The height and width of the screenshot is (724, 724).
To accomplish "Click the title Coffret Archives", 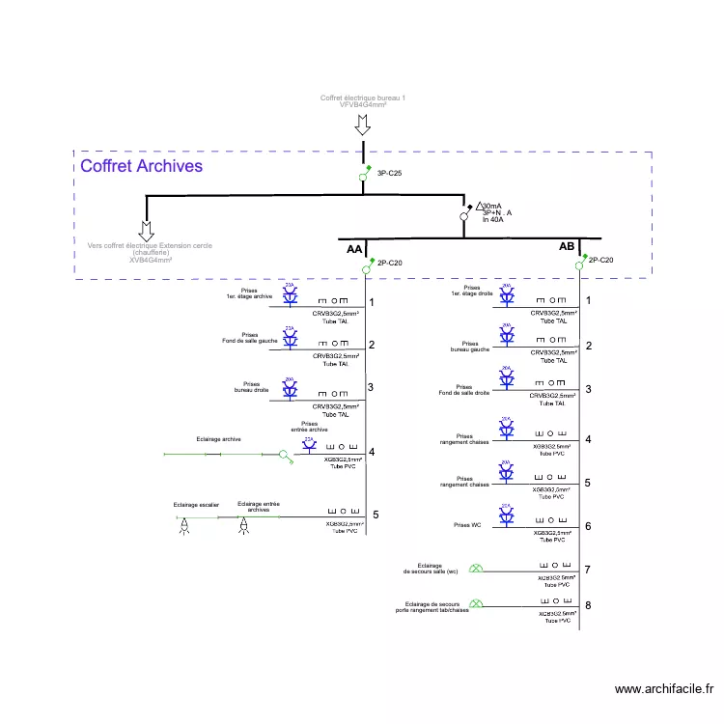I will pyautogui.click(x=141, y=166).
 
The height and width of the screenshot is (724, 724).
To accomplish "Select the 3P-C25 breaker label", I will pyautogui.click(x=389, y=173).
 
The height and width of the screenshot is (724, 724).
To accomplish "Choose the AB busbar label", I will pyautogui.click(x=567, y=247).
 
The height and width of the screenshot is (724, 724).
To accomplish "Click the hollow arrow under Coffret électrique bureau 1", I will pyautogui.click(x=363, y=125).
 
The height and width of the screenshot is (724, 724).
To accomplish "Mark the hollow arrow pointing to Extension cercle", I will pyautogui.click(x=146, y=231).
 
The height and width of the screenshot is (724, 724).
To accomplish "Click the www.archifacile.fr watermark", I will pyautogui.click(x=664, y=689).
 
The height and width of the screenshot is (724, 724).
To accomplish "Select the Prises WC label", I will pyautogui.click(x=467, y=525).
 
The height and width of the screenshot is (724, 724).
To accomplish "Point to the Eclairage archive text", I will pyautogui.click(x=218, y=439).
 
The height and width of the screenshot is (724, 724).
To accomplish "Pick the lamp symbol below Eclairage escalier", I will pyautogui.click(x=184, y=527).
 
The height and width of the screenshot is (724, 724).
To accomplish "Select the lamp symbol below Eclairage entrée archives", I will pyautogui.click(x=244, y=526).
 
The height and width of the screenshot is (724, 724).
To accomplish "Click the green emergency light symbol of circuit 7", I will pyautogui.click(x=475, y=569).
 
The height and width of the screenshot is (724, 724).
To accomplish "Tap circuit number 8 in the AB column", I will pyautogui.click(x=588, y=606).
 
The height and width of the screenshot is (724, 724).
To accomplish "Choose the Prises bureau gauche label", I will pyautogui.click(x=470, y=347).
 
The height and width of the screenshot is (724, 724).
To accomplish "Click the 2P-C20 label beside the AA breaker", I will pyautogui.click(x=390, y=263).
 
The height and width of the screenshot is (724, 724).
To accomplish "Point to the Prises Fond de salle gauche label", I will pyautogui.click(x=250, y=339).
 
